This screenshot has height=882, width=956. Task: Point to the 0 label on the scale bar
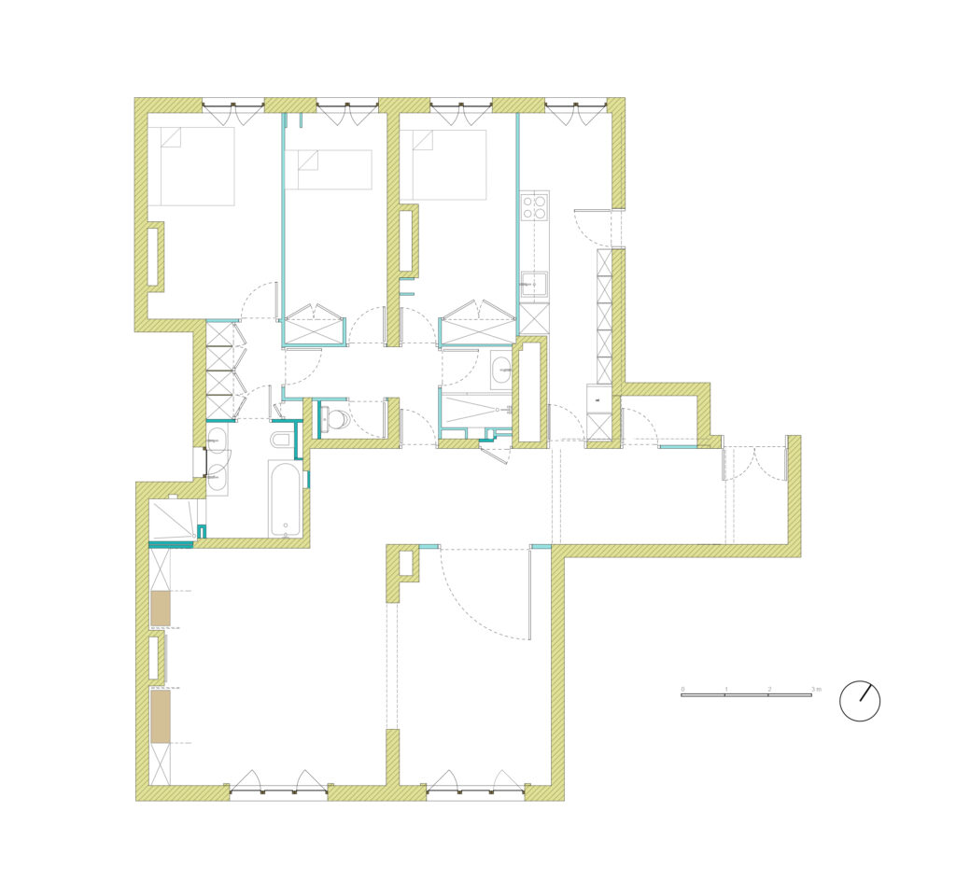point(682,690)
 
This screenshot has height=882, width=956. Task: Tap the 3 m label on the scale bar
point(816,690)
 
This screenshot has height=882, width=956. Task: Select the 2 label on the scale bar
point(769,690)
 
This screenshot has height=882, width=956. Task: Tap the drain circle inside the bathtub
point(286,525)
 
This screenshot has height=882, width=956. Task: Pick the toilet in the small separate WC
point(335,419)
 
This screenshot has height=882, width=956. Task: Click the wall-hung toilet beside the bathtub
point(282,440)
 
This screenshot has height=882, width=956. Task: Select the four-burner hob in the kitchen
point(535,206)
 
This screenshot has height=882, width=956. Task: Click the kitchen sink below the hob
point(535,286)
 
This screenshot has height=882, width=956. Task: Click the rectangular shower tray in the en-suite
point(475,411)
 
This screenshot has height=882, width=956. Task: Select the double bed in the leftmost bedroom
point(191,166)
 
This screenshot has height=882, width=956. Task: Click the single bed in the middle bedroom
point(328,170)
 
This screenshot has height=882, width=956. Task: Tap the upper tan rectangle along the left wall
point(161,609)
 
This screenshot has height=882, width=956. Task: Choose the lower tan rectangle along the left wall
point(161,716)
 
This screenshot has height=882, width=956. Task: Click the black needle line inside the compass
point(866,693)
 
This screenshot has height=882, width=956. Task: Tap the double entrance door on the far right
point(755,463)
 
